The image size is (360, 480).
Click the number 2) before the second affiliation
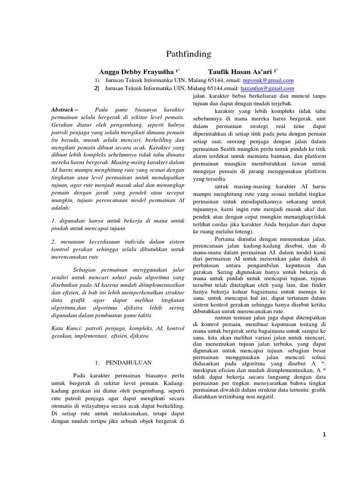(x=97, y=88)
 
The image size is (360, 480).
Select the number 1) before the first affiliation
(x=97, y=80)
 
